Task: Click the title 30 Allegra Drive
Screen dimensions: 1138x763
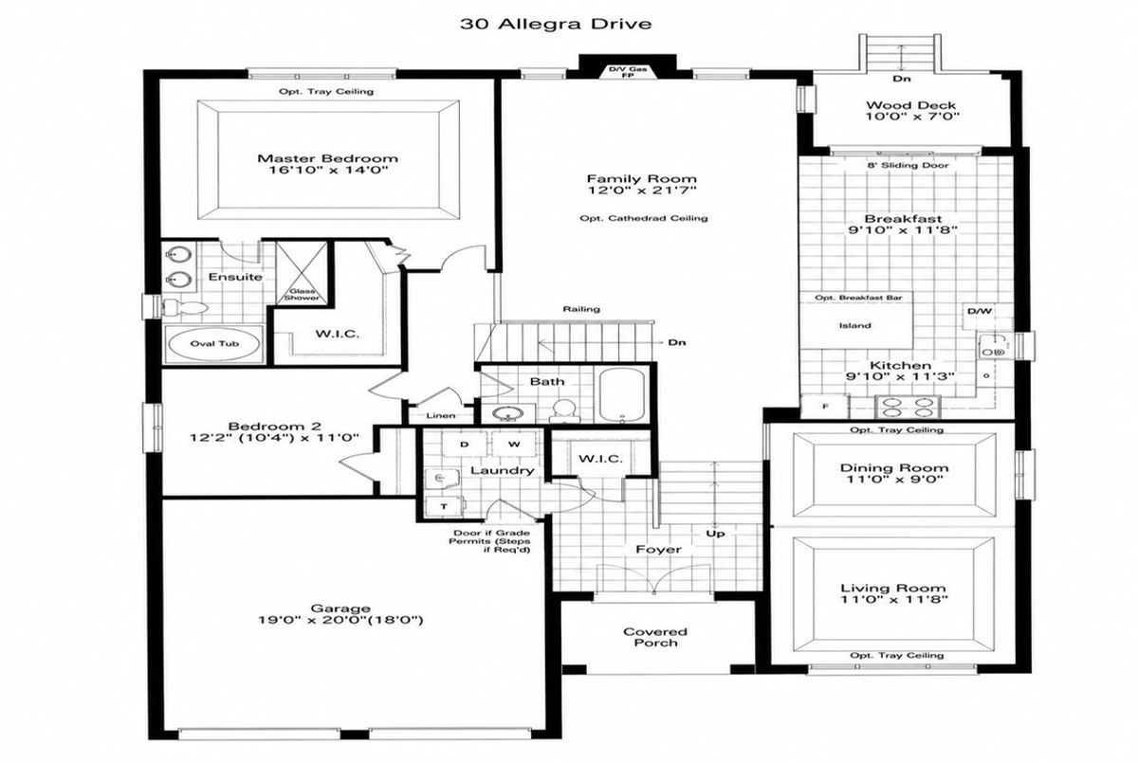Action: (556, 24)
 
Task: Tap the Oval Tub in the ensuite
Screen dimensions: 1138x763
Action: (214, 344)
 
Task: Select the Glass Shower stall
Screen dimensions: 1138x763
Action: (302, 273)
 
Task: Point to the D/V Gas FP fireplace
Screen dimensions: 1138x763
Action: (628, 72)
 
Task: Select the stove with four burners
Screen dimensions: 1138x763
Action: (908, 408)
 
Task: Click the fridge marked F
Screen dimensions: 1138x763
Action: (824, 406)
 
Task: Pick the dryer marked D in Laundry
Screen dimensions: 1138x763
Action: (465, 445)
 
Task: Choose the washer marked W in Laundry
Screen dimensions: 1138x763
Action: (514, 445)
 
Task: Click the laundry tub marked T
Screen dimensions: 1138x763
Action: (445, 506)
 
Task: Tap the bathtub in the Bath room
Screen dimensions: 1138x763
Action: (622, 394)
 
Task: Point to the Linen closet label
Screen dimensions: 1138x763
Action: (441, 416)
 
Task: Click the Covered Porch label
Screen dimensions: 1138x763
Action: (655, 637)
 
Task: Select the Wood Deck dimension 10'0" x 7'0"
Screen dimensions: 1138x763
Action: (912, 117)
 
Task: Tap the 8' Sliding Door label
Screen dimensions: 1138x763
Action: (908, 166)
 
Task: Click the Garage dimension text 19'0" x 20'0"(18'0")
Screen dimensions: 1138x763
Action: (340, 620)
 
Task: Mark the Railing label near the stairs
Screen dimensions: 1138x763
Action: (581, 309)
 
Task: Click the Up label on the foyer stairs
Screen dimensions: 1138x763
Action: (715, 534)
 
